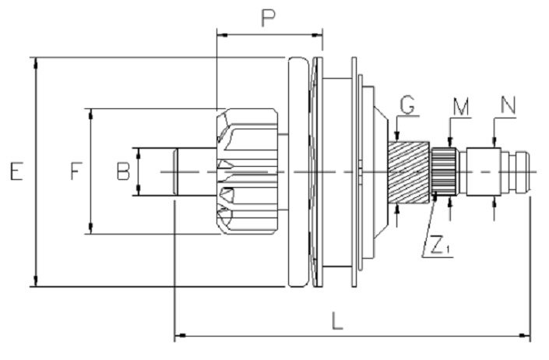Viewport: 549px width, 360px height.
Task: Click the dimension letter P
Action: pyautogui.click(x=269, y=18)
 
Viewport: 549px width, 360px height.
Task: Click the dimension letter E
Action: pyautogui.click(x=16, y=171)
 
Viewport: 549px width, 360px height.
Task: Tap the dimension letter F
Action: pyautogui.click(x=76, y=171)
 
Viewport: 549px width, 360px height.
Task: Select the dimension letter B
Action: pyautogui.click(x=123, y=171)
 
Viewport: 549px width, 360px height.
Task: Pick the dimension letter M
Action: pyautogui.click(x=461, y=107)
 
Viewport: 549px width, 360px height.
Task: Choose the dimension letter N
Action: pyautogui.click(x=508, y=105)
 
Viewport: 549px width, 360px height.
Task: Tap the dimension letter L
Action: pyautogui.click(x=337, y=321)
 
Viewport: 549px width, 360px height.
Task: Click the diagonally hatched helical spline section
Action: pyautogui.click(x=409, y=172)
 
